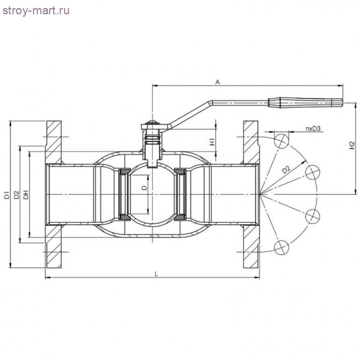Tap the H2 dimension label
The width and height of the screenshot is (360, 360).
[x=352, y=146]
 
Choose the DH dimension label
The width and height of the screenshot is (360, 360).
[x=26, y=194]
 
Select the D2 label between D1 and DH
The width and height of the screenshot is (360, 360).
[x=16, y=194]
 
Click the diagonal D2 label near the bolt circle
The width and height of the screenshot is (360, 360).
[x=286, y=169]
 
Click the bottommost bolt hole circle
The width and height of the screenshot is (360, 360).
[x=282, y=248]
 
